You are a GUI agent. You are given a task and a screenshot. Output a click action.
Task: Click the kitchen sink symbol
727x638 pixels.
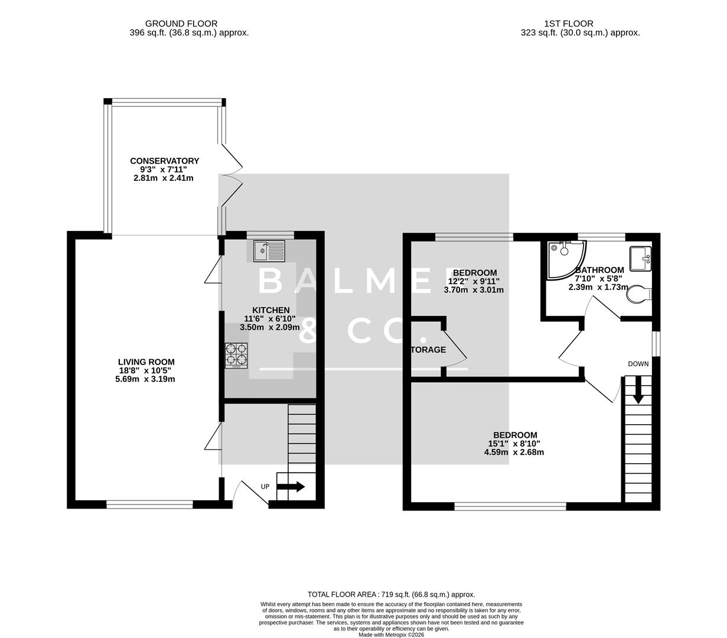click(269, 250)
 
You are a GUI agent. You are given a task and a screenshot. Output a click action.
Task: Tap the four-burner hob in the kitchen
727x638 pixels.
click(236, 356)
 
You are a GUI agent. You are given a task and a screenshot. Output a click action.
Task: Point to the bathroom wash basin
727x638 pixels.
click(640, 258)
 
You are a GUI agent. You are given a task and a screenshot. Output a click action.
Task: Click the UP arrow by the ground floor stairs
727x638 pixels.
click(291, 487)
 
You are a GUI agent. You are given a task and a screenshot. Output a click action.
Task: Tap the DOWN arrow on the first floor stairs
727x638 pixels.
click(638, 391)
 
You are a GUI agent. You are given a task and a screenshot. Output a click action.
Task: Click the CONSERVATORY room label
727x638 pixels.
click(164, 161)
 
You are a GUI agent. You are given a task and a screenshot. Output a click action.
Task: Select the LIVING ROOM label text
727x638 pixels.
click(146, 362)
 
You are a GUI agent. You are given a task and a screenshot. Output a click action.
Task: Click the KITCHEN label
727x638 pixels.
click(271, 310)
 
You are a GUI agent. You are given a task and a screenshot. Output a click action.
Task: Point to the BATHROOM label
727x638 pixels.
click(599, 270)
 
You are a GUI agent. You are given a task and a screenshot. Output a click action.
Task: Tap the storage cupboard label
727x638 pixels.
click(428, 350)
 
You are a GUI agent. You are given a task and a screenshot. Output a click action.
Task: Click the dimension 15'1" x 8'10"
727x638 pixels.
click(513, 444)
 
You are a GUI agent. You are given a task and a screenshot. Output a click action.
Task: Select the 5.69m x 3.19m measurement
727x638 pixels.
click(145, 379)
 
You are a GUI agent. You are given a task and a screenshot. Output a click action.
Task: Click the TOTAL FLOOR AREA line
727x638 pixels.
click(391, 594)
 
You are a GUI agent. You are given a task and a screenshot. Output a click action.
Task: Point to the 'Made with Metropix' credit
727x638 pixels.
click(391, 635)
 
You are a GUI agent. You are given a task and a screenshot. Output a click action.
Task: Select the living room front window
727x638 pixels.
click(149, 504)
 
